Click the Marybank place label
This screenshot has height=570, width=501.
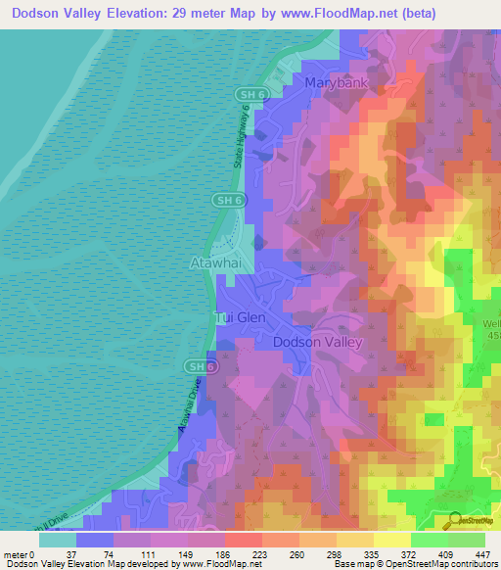pos(336,83)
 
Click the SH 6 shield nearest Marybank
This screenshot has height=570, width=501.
pos(247,93)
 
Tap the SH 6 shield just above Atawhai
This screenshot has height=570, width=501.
pos(224,199)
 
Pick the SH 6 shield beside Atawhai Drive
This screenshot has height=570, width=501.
pos(197,365)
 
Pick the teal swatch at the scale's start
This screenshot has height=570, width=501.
pos(58,539)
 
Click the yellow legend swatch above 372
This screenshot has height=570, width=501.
pos(392,539)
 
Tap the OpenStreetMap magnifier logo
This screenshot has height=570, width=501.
pos(455,519)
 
